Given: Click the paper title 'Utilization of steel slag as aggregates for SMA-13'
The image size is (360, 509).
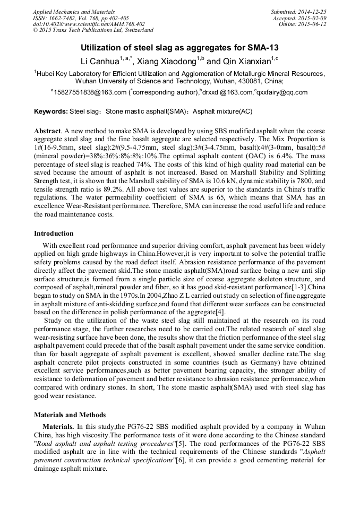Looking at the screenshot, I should [x=179, y=48].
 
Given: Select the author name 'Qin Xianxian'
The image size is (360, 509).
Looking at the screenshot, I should [x=246, y=61].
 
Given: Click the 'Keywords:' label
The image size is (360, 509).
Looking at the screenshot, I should [x=51, y=111].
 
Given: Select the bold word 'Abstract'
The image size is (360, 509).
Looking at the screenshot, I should [x=47, y=131].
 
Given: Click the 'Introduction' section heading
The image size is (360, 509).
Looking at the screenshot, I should [x=54, y=234].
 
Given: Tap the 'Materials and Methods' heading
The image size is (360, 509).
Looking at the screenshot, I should [x=70, y=415].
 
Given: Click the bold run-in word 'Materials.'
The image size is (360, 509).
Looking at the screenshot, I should [x=59, y=427].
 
